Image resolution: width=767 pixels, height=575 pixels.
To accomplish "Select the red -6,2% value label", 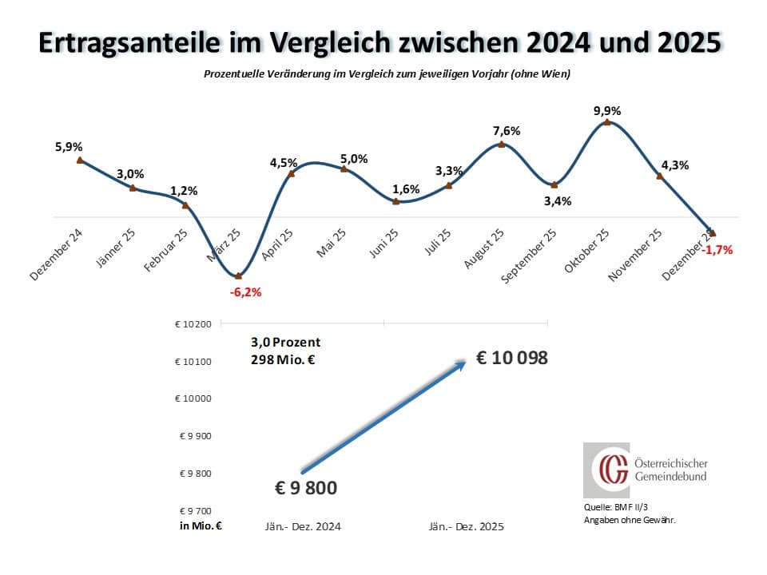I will point(245,292).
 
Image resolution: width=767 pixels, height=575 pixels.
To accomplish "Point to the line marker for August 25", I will point(501,145).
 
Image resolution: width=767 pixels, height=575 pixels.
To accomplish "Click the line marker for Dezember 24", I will point(80,160).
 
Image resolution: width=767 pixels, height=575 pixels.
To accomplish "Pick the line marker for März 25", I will point(238,276).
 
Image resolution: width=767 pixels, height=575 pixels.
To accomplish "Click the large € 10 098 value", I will point(512,358).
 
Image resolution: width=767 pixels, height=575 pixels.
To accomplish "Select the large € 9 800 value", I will point(306,487).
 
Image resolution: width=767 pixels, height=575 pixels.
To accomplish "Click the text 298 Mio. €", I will point(283,360).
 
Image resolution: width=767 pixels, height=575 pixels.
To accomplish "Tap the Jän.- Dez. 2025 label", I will point(467,527).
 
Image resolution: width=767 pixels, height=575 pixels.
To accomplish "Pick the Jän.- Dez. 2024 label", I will point(303,527).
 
